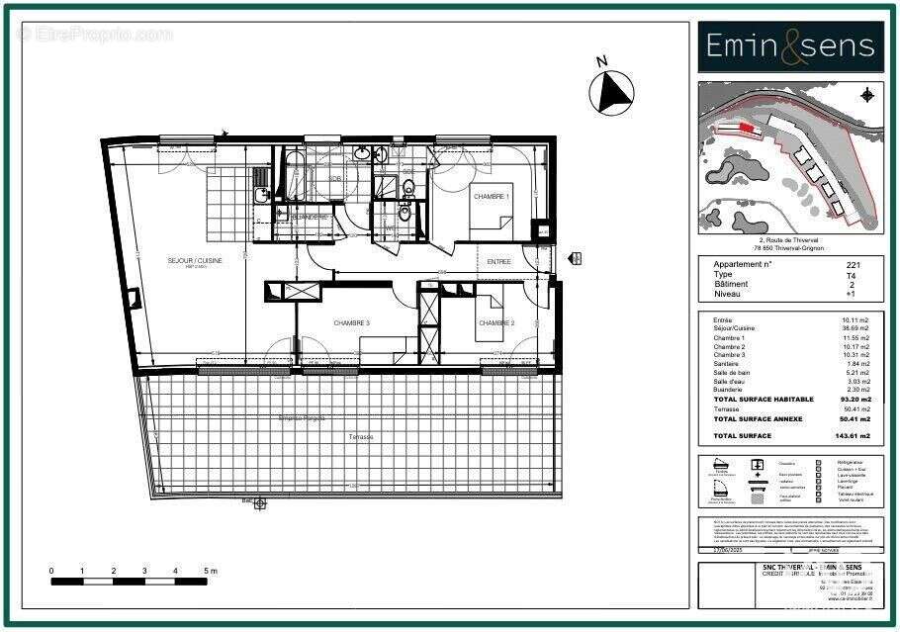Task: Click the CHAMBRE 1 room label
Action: coord(492,197)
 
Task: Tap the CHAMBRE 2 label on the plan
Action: coord(497,323)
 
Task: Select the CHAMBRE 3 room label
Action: coord(351,323)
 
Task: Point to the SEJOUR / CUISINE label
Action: coord(195,260)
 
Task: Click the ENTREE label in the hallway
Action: coord(499,260)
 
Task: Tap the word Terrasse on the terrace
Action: coord(360,436)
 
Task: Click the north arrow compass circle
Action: coord(610,93)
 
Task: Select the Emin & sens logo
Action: coord(790,46)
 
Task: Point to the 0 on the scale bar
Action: coord(51,571)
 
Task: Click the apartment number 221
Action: coord(853,265)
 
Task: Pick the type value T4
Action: coord(853,275)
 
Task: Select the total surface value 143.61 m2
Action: coord(852,436)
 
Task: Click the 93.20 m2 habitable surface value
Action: coord(852,400)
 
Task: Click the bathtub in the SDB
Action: coord(295,173)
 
